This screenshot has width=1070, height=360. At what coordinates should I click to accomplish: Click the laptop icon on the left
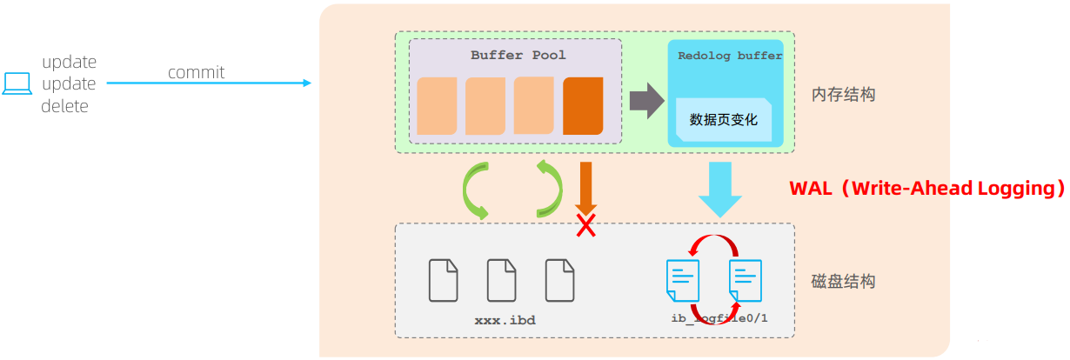[17, 83]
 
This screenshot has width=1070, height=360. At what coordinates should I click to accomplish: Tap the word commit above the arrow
[196, 72]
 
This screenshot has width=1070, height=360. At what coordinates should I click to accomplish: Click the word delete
[64, 106]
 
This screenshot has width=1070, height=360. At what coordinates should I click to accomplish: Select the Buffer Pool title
[518, 56]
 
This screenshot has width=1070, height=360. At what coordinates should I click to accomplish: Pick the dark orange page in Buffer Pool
[583, 106]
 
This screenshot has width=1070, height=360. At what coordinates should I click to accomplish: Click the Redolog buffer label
[730, 56]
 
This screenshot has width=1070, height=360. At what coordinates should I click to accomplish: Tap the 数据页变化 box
[724, 119]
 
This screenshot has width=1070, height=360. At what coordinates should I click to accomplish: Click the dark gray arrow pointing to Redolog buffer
[646, 101]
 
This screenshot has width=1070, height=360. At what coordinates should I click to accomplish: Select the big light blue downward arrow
[720, 190]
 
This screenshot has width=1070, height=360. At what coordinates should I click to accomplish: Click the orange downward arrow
[585, 188]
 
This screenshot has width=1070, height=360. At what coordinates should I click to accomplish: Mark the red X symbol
[585, 225]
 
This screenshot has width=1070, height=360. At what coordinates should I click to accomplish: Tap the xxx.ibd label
[505, 320]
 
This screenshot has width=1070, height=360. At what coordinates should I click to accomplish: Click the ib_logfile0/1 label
[719, 318]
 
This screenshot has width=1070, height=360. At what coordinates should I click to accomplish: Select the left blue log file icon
[683, 280]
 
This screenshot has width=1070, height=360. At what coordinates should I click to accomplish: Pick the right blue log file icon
[746, 280]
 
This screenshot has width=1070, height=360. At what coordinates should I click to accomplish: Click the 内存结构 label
[844, 95]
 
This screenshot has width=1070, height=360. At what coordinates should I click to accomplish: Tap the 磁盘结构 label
[844, 281]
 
